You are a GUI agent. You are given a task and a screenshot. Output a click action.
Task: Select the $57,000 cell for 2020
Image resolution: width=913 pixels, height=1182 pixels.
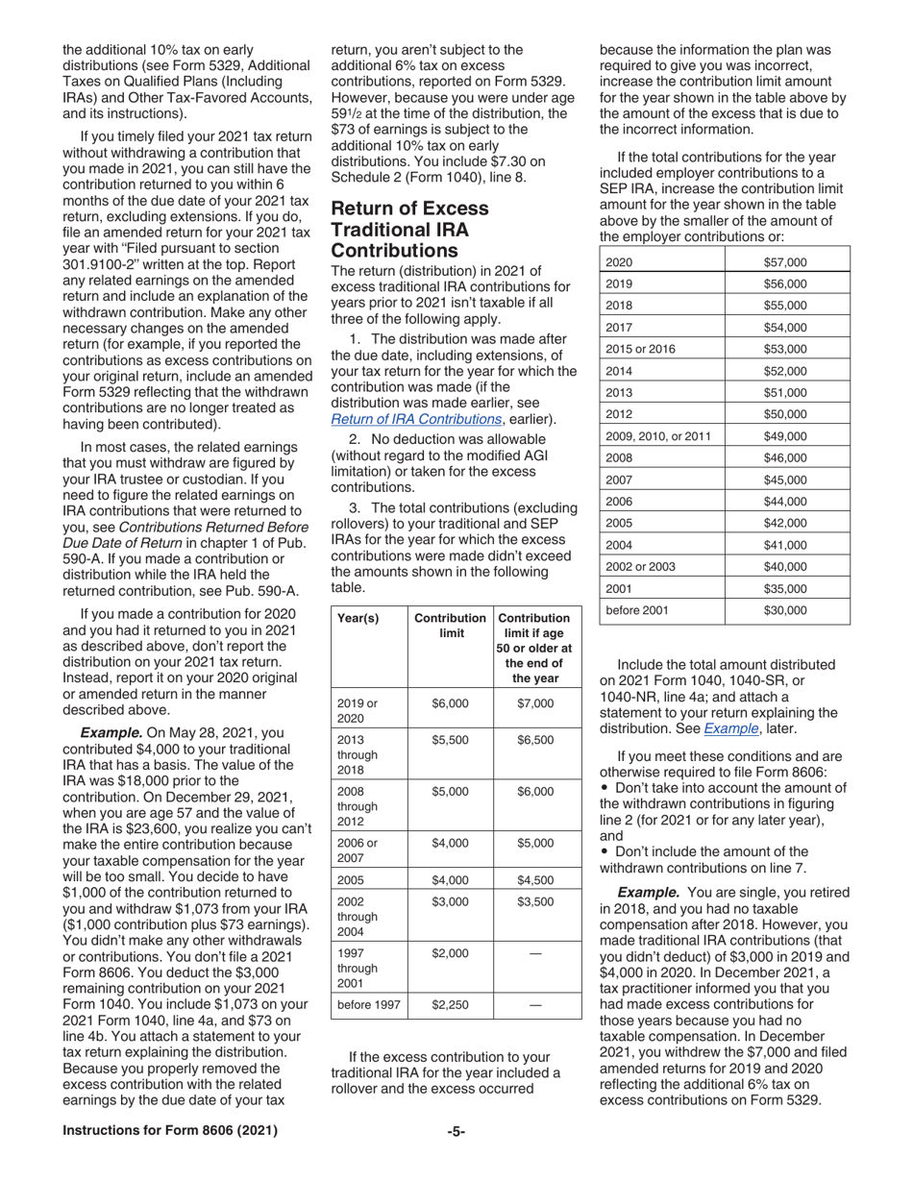[784, 261]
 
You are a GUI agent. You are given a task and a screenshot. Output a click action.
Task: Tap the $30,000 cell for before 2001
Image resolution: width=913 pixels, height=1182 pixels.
[784, 610]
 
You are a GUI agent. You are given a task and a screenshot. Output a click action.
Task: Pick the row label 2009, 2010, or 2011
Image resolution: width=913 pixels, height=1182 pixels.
[658, 436]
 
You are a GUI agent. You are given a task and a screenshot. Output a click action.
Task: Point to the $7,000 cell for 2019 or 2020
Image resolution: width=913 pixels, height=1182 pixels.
[535, 703]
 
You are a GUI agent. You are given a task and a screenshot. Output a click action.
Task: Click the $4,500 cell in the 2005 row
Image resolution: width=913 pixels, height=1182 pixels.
[535, 879]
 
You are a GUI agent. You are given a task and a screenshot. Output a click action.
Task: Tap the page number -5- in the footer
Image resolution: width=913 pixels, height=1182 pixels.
[456, 1131]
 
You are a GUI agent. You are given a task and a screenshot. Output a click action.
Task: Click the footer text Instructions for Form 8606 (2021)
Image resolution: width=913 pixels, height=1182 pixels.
[170, 1131]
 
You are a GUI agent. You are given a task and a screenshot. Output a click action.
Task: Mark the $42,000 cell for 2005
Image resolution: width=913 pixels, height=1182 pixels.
[784, 523]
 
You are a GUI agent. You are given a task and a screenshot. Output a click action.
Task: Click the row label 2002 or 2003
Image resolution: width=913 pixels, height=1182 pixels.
[640, 566]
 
